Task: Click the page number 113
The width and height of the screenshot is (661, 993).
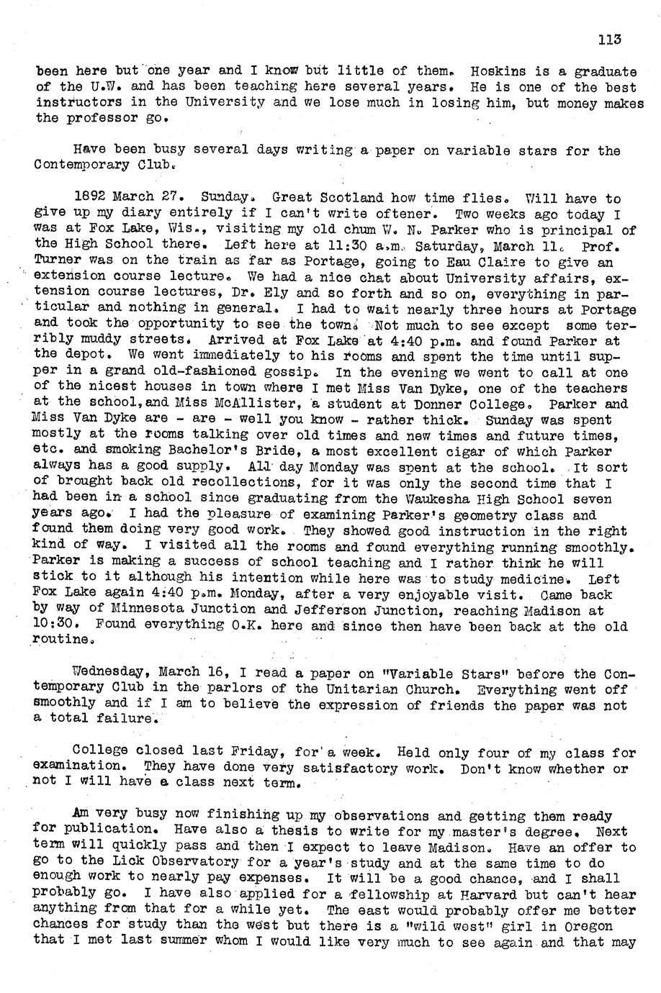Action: [x=608, y=40]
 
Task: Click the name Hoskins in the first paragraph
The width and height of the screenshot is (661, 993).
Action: [x=495, y=71]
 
